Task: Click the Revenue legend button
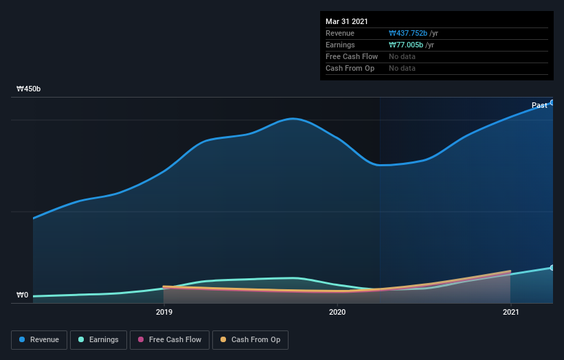[40, 339]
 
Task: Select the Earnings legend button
[99, 339]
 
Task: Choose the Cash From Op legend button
[250, 339]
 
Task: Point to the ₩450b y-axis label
[29, 89]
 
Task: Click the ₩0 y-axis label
[23, 295]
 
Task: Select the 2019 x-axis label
[164, 312]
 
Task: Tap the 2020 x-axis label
[337, 312]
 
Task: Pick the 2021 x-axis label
[510, 312]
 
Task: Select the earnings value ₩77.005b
[405, 45]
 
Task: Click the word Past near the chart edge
[539, 105]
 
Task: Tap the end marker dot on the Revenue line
[552, 102]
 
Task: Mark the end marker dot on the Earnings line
[552, 267]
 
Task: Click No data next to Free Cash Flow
[402, 57]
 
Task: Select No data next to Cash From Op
[402, 69]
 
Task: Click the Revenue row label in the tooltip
[340, 34]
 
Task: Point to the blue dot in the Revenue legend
[22, 339]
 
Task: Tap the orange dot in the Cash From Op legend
[223, 339]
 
